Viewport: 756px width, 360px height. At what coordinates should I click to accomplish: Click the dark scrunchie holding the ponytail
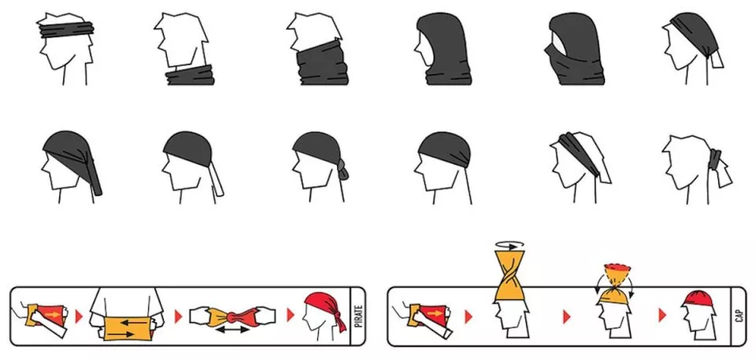coord(715,159)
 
